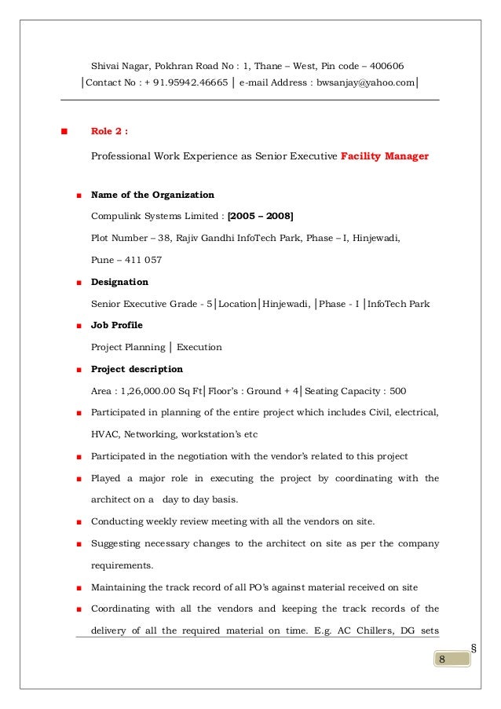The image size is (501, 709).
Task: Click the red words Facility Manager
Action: coord(385,156)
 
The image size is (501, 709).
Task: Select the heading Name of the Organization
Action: coord(152,195)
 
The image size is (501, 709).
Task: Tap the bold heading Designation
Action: coord(119,281)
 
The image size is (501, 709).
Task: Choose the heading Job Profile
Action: coord(117,325)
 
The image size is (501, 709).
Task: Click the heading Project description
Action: coord(137,369)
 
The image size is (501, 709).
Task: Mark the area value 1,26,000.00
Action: coord(152,391)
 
